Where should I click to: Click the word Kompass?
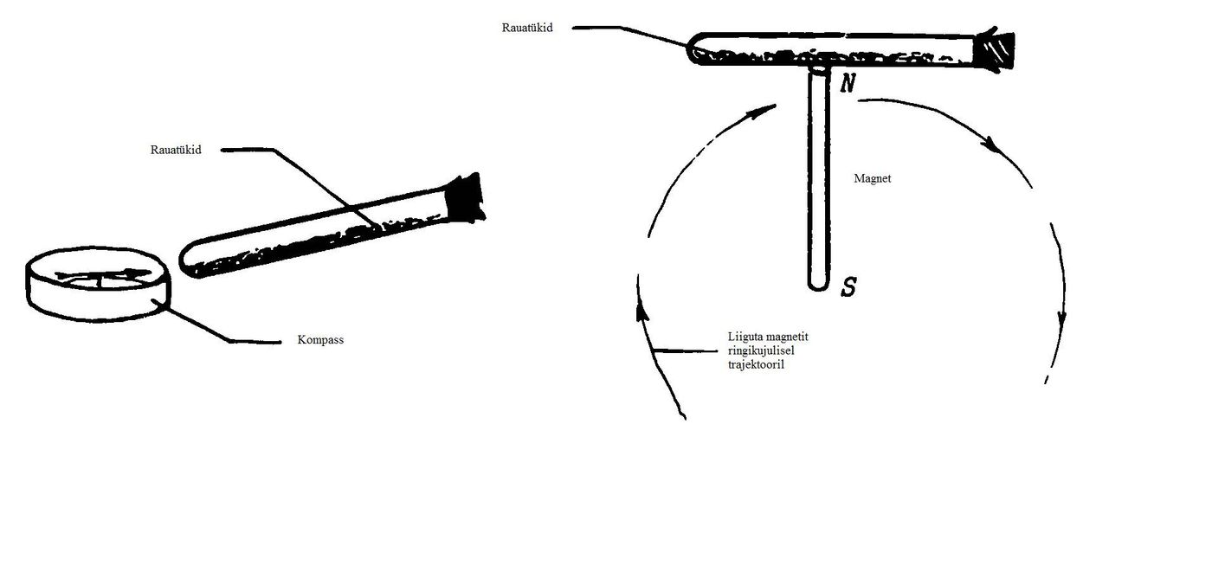[320, 340]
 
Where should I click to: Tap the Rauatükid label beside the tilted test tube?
[176, 150]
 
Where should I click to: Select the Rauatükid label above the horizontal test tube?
[527, 28]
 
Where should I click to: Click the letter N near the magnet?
[848, 83]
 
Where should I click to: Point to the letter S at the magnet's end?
[848, 286]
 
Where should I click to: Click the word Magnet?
[873, 178]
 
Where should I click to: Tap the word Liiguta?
[745, 337]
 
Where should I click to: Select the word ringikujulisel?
[761, 350]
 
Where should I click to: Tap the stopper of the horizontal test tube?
[994, 50]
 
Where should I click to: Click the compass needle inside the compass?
[103, 276]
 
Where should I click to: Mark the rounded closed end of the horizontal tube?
[694, 49]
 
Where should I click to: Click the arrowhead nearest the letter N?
[763, 112]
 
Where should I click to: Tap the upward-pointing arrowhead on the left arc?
[641, 313]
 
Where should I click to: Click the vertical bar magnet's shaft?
[818, 178]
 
